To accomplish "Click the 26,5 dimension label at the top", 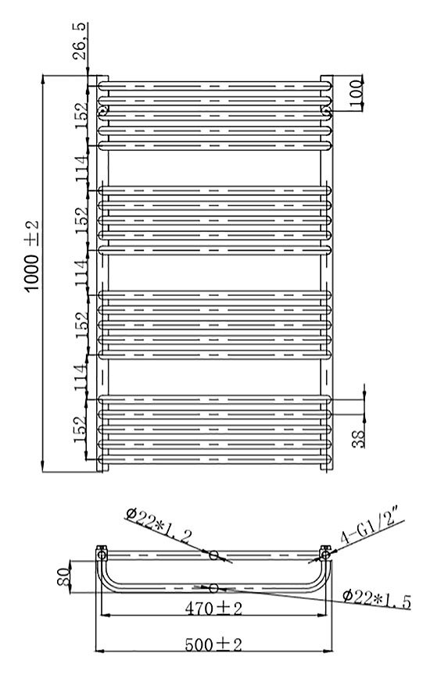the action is [79, 41].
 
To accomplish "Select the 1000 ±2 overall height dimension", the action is [32, 256].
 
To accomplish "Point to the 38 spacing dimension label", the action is [358, 439].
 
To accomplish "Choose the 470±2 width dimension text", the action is [213, 608].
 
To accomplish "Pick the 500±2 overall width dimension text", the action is [213, 644].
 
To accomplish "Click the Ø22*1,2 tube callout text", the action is [158, 525].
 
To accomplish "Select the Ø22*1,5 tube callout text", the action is [377, 598].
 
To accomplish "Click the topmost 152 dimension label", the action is [81, 116].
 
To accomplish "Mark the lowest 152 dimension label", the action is [81, 429].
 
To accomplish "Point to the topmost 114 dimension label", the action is [82, 168].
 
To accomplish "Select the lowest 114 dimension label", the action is [81, 377].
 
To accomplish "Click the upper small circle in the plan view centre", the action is [213, 555].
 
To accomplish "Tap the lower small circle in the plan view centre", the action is [213, 588].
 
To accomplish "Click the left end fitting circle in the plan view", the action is [102, 555].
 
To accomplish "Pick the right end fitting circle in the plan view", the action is [325, 555].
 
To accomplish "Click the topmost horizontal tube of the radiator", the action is [215, 86].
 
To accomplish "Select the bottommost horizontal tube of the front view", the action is [215, 459].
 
